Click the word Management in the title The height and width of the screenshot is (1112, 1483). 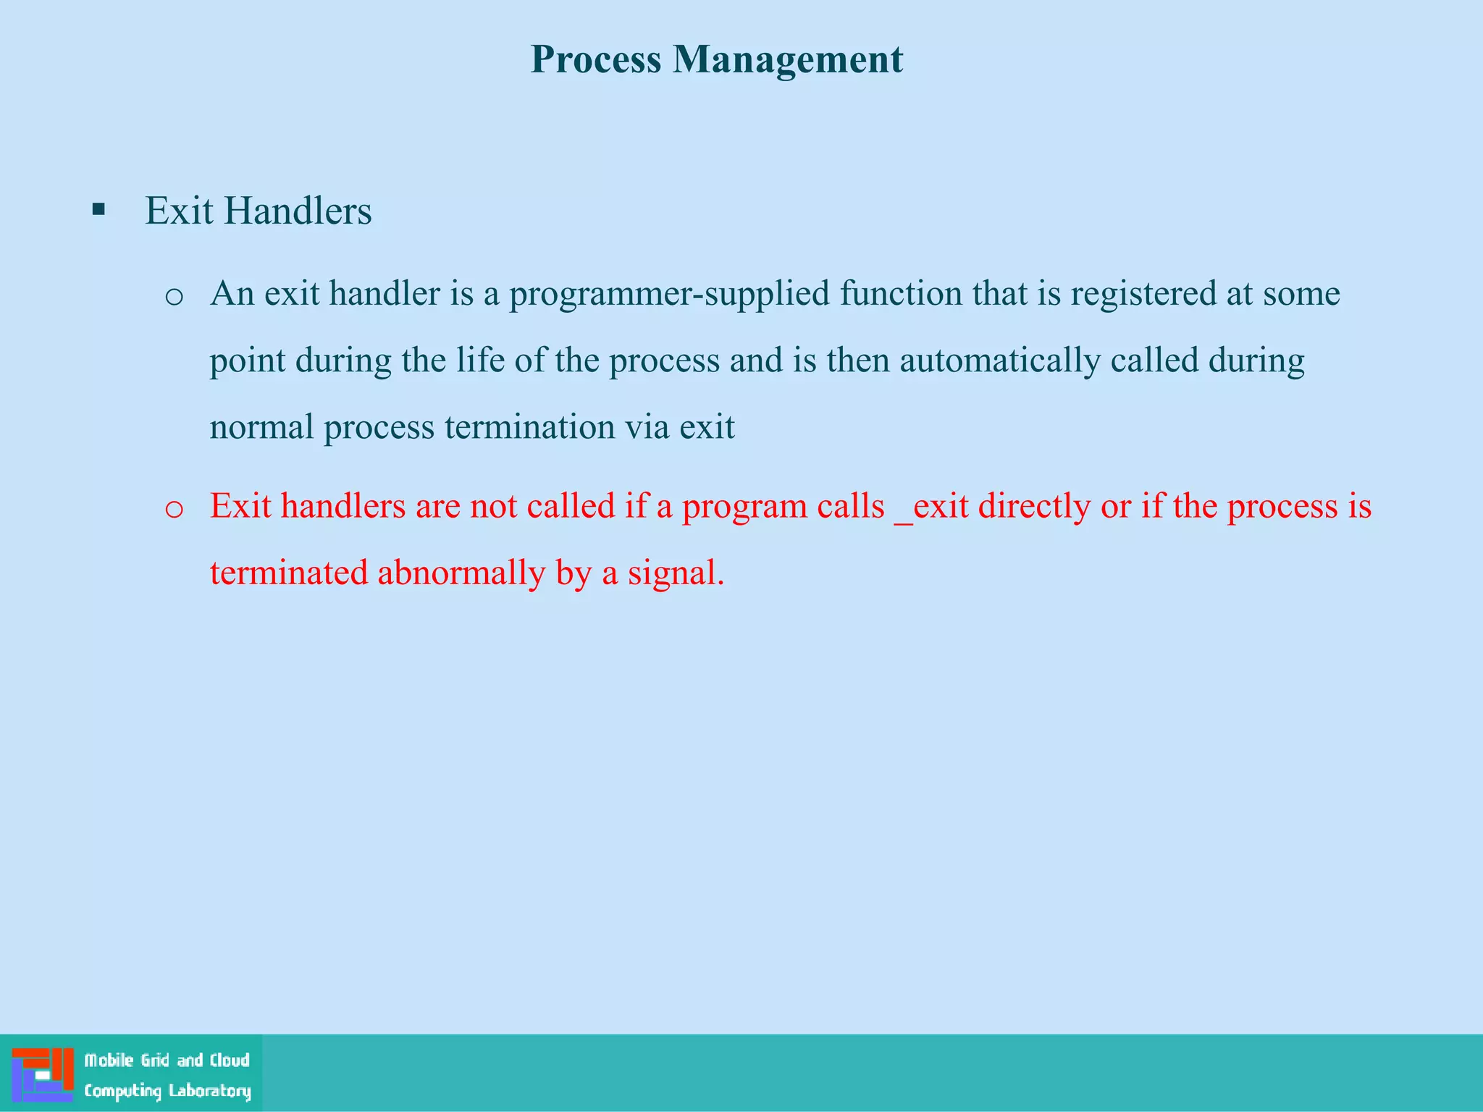click(788, 59)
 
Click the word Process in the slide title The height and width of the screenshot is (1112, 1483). click(595, 59)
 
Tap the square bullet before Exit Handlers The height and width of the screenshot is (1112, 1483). click(99, 211)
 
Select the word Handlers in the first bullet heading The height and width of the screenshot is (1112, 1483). click(298, 211)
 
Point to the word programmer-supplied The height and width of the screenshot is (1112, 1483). click(669, 294)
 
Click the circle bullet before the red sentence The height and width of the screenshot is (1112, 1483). click(174, 509)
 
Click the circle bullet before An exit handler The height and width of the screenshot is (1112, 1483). click(174, 297)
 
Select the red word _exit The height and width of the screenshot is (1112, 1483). click(931, 506)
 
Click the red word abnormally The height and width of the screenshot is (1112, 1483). click(461, 573)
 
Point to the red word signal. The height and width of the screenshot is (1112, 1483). click(675, 573)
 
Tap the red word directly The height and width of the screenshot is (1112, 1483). click(1034, 506)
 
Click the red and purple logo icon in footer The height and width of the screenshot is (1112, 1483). click(43, 1074)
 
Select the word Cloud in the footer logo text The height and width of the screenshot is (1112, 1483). click(230, 1061)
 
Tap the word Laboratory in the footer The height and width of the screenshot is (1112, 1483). click(209, 1090)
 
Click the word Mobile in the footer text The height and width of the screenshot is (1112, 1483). click(109, 1061)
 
